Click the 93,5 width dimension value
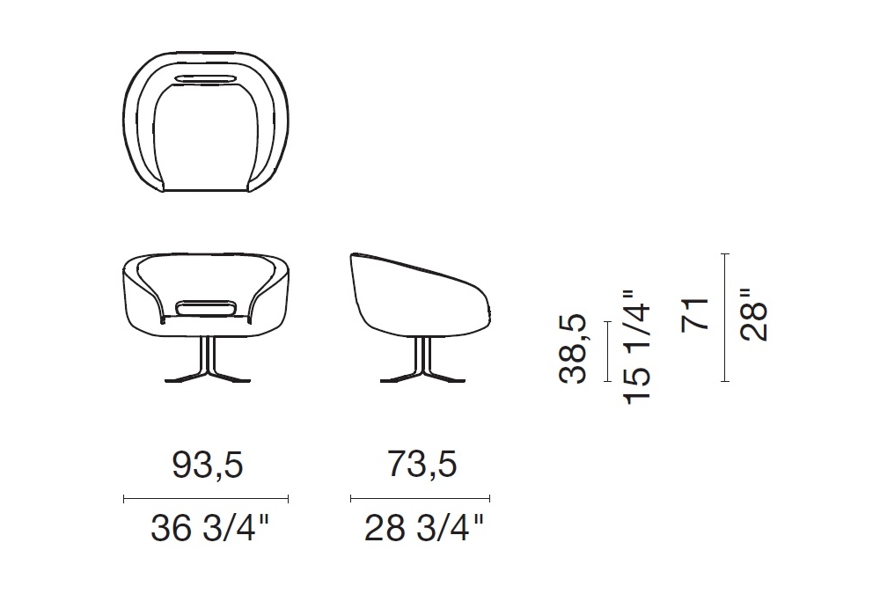click(207, 466)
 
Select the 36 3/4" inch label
click(210, 528)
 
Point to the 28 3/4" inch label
click(424, 528)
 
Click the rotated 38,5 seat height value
click(573, 349)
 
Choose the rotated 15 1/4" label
click(636, 347)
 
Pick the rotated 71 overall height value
click(695, 315)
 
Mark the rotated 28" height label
click(753, 315)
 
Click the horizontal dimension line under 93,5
click(206, 498)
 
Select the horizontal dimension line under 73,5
click(421, 498)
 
